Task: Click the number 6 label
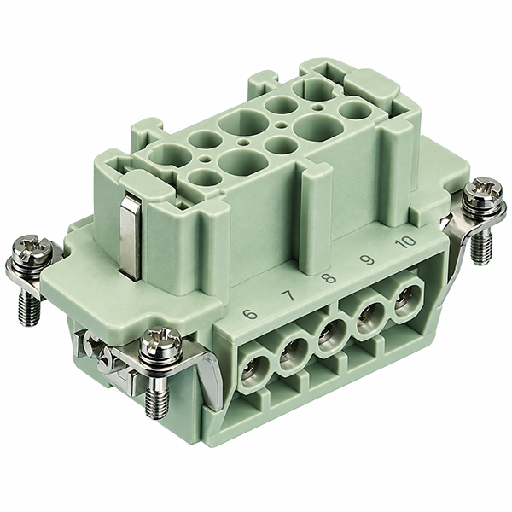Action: coord(251,315)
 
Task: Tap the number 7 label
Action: coord(288,296)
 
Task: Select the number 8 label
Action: coord(329,278)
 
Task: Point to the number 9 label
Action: coord(367,260)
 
